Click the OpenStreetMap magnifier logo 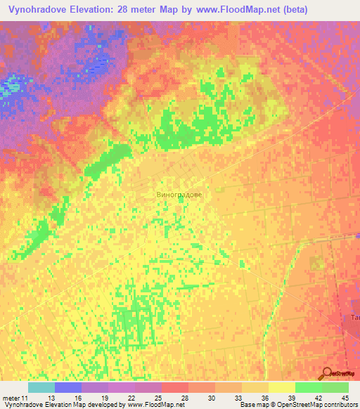tap(328, 374)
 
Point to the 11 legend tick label tap(27, 398)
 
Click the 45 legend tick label tap(344, 398)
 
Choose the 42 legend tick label tap(317, 398)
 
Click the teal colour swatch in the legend tap(41, 387)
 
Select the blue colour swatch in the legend tap(67, 387)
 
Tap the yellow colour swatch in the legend tap(281, 387)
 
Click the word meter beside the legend tap(11, 398)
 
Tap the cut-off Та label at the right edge tap(355, 318)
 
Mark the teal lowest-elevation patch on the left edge tap(10, 89)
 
